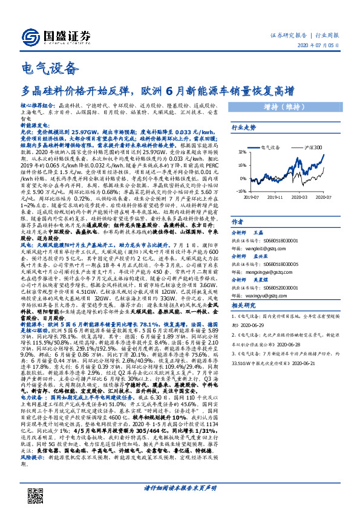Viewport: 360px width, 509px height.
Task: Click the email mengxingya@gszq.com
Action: click(x=266, y=271)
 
